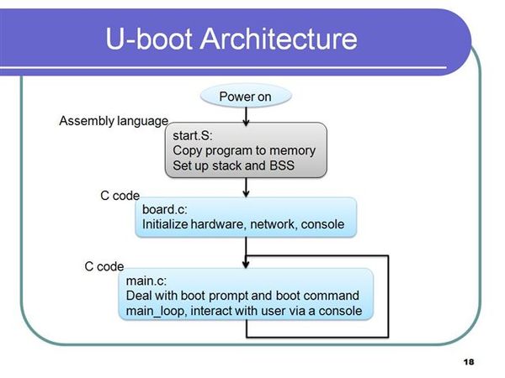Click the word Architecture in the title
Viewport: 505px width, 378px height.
279,39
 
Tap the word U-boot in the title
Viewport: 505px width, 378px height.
149,39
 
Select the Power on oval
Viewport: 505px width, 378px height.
246,96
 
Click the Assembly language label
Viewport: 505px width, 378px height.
114,121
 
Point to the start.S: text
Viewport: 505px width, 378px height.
193,135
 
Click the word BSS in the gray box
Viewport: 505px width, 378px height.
282,165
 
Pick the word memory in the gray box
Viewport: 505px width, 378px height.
292,150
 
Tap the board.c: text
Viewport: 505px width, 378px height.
165,209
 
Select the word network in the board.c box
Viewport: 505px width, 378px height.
274,224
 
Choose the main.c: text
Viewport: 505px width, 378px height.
146,281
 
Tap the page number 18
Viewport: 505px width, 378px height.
469,362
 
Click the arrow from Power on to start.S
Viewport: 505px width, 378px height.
246,116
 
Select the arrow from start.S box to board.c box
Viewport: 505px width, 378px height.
246,187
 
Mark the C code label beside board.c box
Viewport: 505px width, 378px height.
120,196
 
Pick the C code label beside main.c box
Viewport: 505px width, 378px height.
104,266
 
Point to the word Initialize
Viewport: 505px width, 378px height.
165,224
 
